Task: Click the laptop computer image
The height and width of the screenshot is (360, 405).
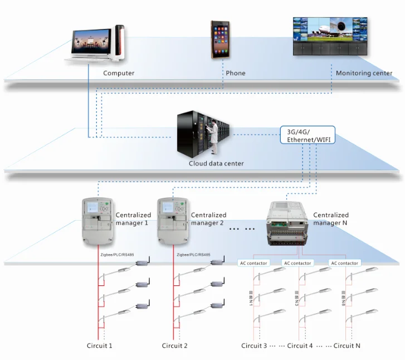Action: (89, 43)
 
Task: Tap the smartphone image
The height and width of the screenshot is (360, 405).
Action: (221, 40)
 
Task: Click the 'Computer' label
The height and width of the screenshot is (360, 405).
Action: (119, 73)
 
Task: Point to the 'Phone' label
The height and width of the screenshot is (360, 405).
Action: (235, 73)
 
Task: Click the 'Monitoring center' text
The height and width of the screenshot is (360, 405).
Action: (364, 73)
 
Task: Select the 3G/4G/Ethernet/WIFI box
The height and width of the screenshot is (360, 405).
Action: (308, 135)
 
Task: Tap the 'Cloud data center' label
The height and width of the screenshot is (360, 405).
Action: (216, 164)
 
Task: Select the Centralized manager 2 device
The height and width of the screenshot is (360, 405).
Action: (173, 221)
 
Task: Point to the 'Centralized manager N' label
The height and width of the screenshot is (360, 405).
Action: (330, 218)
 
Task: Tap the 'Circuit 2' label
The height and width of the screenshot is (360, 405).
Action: (174, 346)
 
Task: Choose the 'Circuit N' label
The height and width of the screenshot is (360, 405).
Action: (347, 346)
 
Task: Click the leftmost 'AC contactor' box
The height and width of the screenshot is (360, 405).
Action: (253, 263)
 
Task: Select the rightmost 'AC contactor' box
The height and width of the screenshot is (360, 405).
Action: (345, 263)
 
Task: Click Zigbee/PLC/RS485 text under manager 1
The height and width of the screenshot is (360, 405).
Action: (116, 255)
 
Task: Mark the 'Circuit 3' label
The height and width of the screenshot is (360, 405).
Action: (254, 346)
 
